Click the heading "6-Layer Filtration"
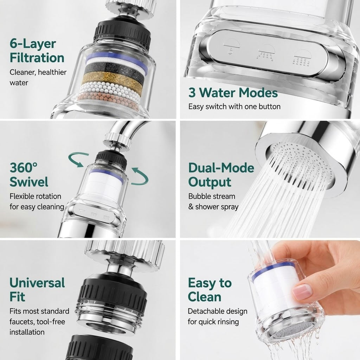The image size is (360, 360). tap(37, 51)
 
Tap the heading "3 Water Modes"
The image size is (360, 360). tap(233, 92)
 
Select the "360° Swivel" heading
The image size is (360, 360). tap(29, 175)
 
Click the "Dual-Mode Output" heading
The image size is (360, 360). tap(221, 175)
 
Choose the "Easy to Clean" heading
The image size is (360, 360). tap(210, 290)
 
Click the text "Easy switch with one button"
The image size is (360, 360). tap(234, 107)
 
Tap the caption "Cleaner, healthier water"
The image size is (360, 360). tap(38, 77)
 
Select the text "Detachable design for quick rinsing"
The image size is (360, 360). tap(217, 316)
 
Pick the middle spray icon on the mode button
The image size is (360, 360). tap(266, 52)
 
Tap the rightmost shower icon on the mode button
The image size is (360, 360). tap(302, 58)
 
